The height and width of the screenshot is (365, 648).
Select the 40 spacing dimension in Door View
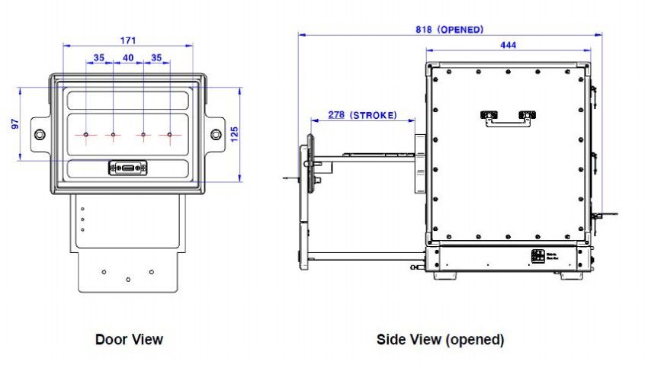click(x=128, y=58)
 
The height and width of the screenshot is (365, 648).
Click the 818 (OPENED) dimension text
click(x=450, y=30)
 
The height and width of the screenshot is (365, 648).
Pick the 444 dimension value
click(x=508, y=46)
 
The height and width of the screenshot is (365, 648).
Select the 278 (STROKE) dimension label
click(x=362, y=115)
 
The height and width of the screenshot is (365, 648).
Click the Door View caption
click(x=129, y=338)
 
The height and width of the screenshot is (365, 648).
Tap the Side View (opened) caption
click(x=440, y=339)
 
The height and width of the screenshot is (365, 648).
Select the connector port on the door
click(x=128, y=168)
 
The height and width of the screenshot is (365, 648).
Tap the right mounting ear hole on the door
click(x=217, y=135)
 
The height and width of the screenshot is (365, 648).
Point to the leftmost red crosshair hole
click(x=87, y=136)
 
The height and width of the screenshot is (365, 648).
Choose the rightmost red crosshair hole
click(x=170, y=136)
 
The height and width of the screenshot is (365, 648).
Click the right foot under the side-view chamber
click(x=572, y=274)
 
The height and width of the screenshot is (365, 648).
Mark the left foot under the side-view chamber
click(x=446, y=274)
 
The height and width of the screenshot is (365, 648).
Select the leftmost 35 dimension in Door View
click(x=99, y=58)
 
